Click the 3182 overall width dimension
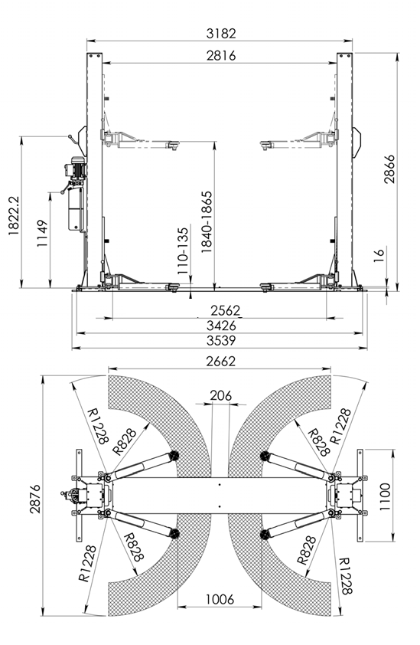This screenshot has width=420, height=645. click(x=221, y=33)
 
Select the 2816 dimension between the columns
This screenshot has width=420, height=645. click(x=221, y=55)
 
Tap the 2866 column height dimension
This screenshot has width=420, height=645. click(x=389, y=169)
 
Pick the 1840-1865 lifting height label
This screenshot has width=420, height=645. click(x=207, y=221)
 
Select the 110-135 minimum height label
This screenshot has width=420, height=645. click(x=183, y=251)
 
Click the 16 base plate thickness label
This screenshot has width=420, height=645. click(x=379, y=252)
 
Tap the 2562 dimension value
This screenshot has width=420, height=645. click(x=225, y=310)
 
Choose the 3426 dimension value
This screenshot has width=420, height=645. click(x=222, y=326)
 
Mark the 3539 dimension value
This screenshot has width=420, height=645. click(x=222, y=341)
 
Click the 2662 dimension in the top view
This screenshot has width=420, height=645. click(x=221, y=361)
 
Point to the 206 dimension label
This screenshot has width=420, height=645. click(x=220, y=395)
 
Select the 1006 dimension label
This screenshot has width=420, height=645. click(x=220, y=599)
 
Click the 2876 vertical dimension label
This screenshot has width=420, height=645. click(x=35, y=499)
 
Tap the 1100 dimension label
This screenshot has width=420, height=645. click(x=385, y=496)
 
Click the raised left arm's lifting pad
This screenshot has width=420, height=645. click(x=173, y=144)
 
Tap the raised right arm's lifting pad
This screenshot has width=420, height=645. click(x=267, y=144)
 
